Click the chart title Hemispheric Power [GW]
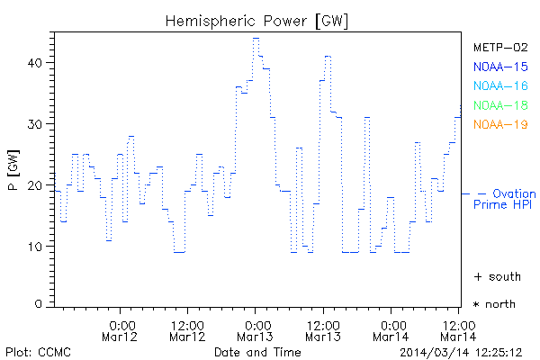[x=256, y=20]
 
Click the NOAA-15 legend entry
[x=500, y=66]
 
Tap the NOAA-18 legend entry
[x=500, y=104]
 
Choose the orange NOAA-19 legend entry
[x=500, y=124]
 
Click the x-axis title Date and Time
[x=256, y=352]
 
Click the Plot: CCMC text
[x=38, y=352]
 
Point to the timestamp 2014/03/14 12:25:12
[x=462, y=352]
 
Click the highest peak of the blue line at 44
[x=256, y=39]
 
